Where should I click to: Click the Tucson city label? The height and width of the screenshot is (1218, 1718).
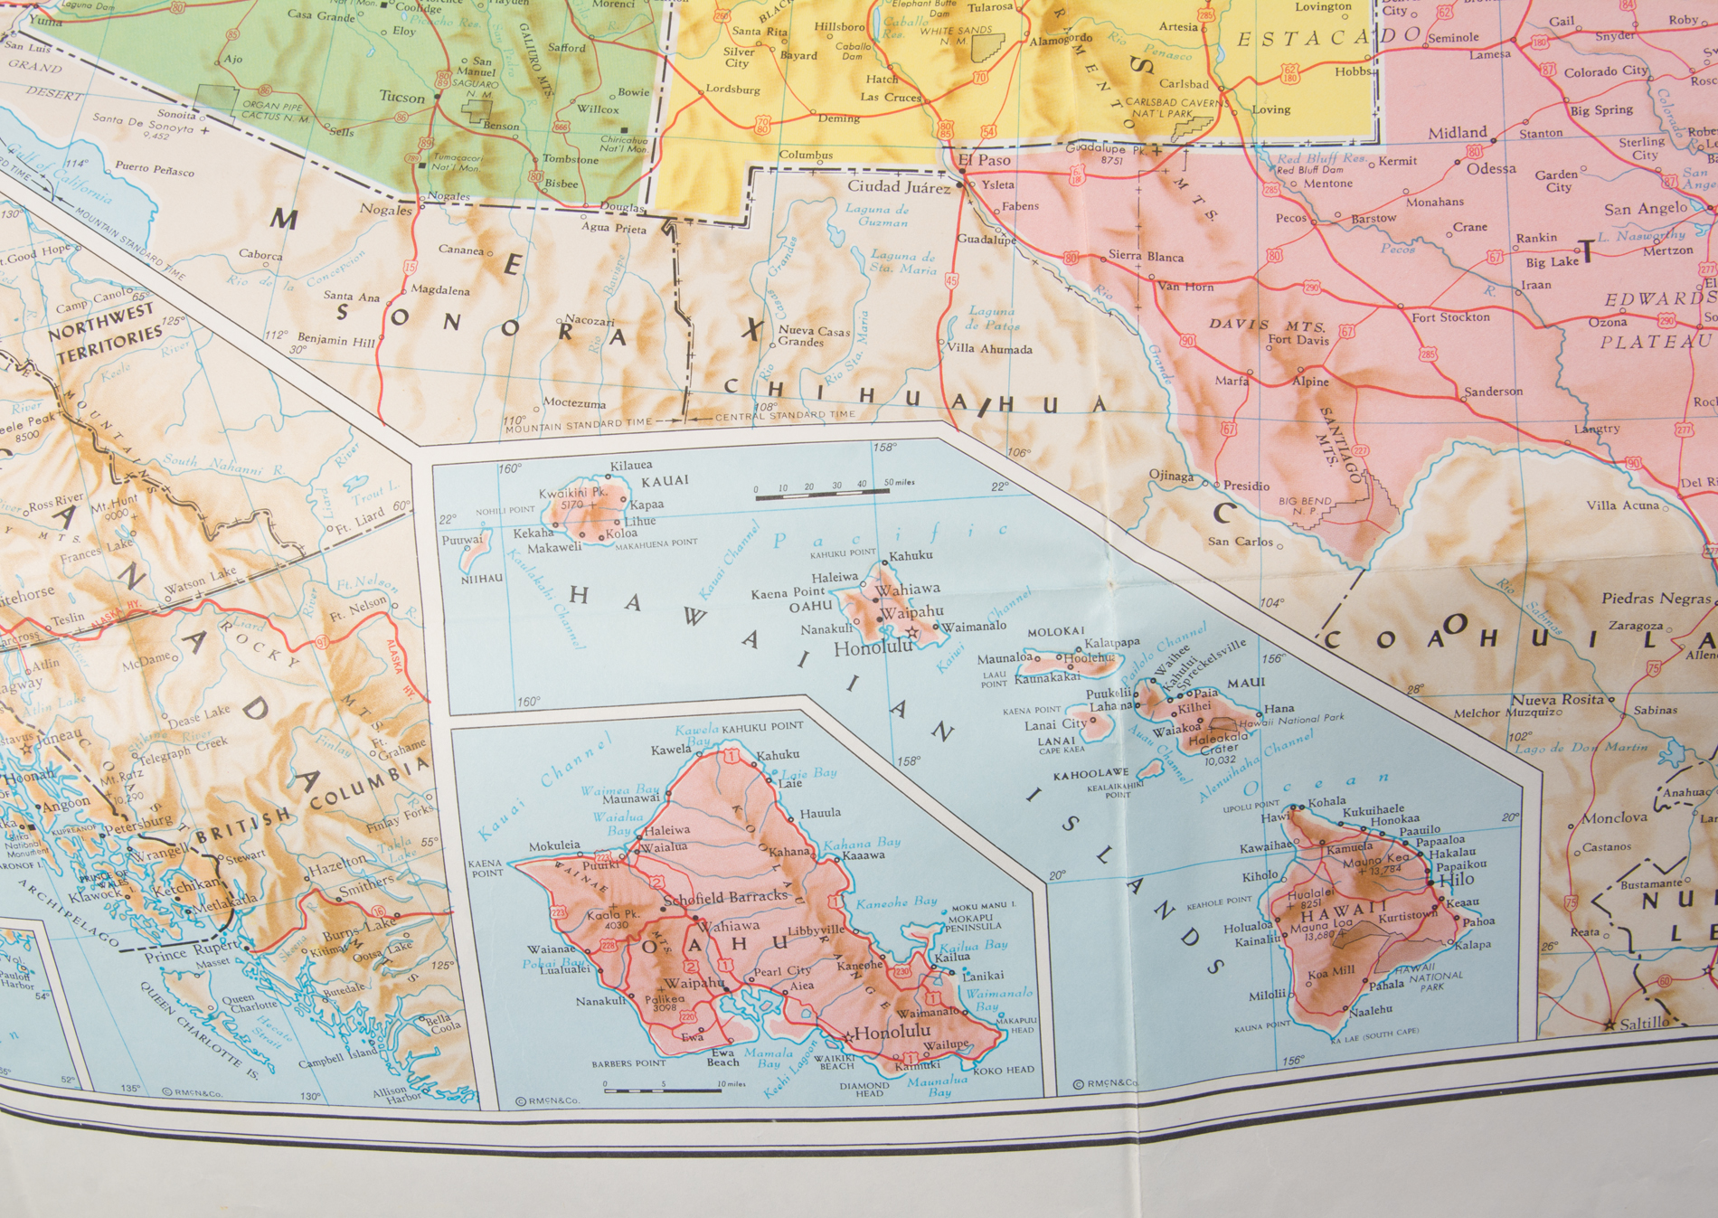(401, 98)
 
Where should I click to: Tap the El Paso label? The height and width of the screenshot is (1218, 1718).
(985, 160)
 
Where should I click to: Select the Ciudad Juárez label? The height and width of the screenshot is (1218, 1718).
(898, 187)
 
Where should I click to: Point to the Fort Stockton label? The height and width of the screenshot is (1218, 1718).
(1450, 317)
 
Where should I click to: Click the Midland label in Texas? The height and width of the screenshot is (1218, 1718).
(1457, 133)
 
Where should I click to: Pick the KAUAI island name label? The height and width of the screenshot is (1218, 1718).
(665, 480)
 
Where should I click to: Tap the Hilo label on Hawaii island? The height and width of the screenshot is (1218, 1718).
(1456, 879)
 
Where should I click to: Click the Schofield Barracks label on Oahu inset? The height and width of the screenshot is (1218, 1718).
(725, 897)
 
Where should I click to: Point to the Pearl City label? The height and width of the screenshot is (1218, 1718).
(781, 970)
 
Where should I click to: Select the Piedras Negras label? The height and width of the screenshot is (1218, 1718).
(1656, 599)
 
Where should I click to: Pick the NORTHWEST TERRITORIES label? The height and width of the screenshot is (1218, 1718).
(105, 333)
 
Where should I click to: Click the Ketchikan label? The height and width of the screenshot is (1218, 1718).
(185, 885)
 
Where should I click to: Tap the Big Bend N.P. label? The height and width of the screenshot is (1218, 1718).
(1305, 505)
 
